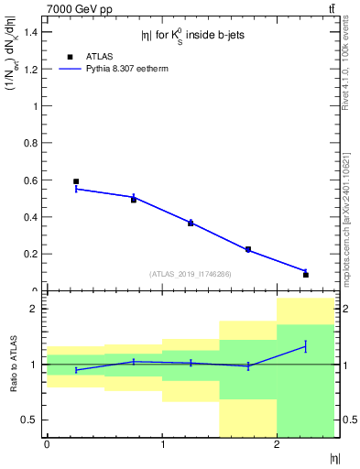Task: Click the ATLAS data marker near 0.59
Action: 76,181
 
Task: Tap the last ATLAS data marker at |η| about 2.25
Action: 306,274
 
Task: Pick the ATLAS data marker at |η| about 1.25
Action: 191,223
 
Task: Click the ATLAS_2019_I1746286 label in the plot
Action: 191,274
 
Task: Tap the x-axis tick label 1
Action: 162,444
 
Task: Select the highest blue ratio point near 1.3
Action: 306,346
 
